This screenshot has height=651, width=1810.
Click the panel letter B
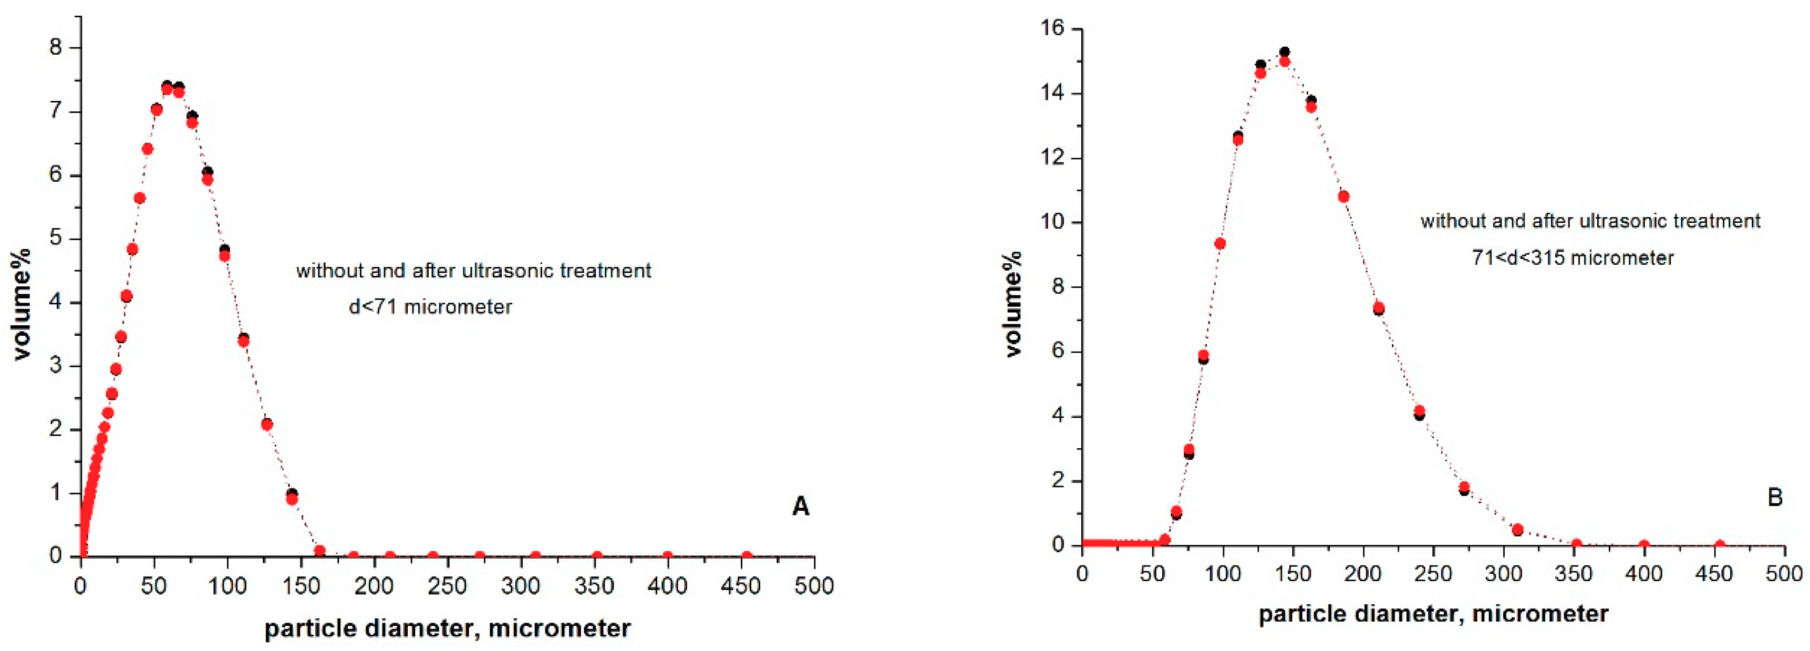click(1775, 498)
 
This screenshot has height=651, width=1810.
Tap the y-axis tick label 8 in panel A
click(56, 48)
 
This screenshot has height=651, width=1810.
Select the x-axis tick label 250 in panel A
click(448, 586)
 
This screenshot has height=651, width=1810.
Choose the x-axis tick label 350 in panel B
click(1573, 574)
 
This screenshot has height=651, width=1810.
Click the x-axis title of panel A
click(448, 628)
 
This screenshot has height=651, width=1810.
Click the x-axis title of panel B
click(1433, 614)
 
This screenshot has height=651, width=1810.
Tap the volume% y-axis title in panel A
click(23, 303)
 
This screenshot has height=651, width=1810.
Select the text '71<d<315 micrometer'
click(1573, 258)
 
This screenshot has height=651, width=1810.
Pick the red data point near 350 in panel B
click(1576, 544)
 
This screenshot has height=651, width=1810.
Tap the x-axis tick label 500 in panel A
click(814, 586)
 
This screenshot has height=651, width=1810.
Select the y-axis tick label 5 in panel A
click(56, 239)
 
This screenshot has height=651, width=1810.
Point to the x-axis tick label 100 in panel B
click(1223, 574)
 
